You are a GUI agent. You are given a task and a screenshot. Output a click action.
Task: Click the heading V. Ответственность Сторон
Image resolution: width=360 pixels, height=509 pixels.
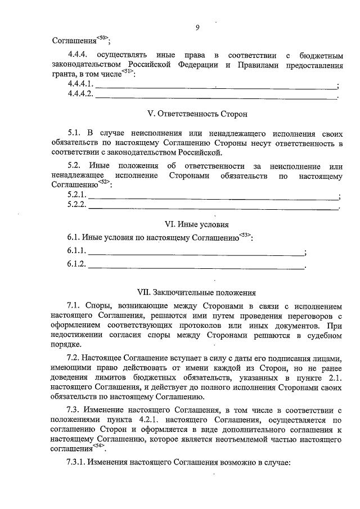click(197, 114)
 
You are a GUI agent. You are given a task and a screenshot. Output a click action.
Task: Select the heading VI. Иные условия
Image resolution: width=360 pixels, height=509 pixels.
click(196, 224)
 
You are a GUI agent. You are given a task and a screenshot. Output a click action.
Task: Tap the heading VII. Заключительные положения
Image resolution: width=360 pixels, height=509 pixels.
click(197, 292)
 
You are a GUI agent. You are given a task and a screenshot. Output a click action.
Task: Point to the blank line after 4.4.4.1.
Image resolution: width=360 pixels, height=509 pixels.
click(216, 85)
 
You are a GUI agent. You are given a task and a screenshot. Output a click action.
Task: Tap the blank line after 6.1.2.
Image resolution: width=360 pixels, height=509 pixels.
click(197, 264)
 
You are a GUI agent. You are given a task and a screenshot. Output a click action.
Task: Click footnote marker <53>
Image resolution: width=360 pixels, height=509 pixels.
click(244, 235)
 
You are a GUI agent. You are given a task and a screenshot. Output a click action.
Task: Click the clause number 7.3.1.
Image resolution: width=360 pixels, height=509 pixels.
click(77, 462)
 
